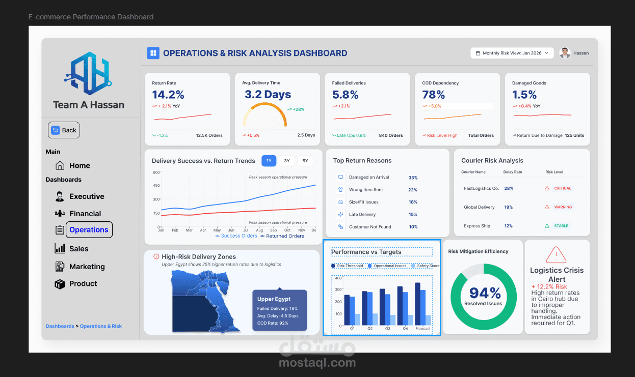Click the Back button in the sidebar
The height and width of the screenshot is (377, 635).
(x=64, y=130)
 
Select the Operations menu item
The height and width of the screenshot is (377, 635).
(x=89, y=230)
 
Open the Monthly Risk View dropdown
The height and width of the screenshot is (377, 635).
(x=512, y=53)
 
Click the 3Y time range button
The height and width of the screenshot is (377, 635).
(x=287, y=161)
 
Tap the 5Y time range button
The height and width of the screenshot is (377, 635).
(x=305, y=161)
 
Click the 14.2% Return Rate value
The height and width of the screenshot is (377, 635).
(x=168, y=95)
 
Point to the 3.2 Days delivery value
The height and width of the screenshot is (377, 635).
(x=268, y=95)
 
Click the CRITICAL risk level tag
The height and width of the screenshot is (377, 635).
(x=562, y=188)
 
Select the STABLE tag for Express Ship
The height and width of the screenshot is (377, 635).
(x=561, y=226)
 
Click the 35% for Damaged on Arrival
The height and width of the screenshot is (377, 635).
(x=413, y=178)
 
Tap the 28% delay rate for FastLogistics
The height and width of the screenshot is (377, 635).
(x=508, y=188)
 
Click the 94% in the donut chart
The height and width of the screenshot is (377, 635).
(x=485, y=293)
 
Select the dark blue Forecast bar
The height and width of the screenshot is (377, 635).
(x=417, y=304)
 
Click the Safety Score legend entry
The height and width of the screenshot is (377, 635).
(x=428, y=266)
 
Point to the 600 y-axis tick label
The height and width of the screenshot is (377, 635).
(x=156, y=172)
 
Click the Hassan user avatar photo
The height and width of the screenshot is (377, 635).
(x=564, y=53)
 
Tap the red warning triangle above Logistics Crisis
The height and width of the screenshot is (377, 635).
(x=556, y=255)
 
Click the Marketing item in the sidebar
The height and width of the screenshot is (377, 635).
(x=87, y=267)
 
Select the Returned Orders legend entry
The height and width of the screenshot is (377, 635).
(x=285, y=236)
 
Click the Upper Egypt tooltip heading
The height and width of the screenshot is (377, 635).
(x=274, y=299)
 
